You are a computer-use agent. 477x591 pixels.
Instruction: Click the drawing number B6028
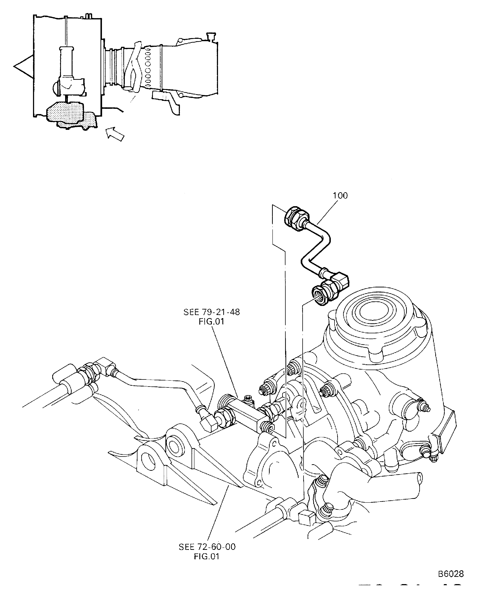pyautogui.click(x=451, y=574)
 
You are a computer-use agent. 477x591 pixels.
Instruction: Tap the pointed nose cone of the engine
pyautogui.click(x=23, y=66)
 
